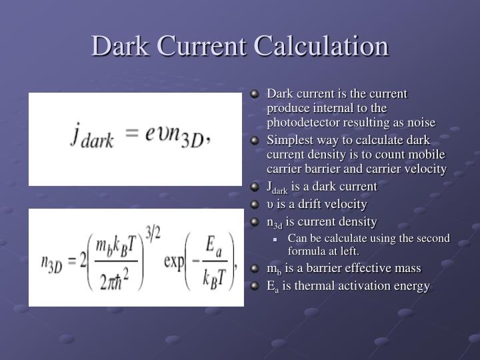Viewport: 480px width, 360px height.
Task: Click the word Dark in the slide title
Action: pyautogui.click(x=119, y=47)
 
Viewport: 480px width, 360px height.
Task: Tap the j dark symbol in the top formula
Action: pyautogui.click(x=93, y=138)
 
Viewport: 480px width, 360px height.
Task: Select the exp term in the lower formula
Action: pyautogui.click(x=179, y=255)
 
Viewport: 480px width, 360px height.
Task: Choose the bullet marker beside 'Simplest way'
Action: pyautogui.click(x=255, y=140)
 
